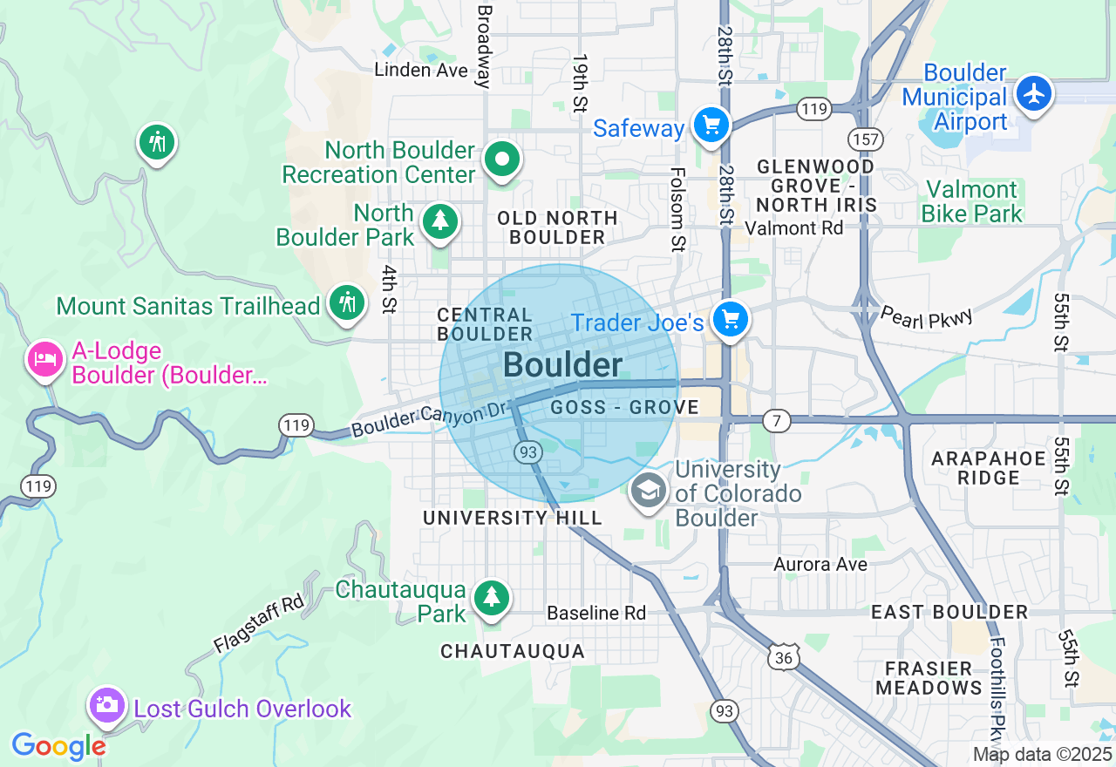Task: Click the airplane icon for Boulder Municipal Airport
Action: pyautogui.click(x=1034, y=92)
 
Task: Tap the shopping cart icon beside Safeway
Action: pyautogui.click(x=711, y=126)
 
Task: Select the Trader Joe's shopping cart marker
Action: pyautogui.click(x=731, y=320)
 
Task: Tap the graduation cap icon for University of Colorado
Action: pyautogui.click(x=649, y=492)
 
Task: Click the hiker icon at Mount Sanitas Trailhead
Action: pyautogui.click(x=347, y=302)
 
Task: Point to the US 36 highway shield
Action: pyautogui.click(x=785, y=658)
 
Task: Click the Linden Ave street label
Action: pyautogui.click(x=421, y=70)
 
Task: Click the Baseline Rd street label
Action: pyautogui.click(x=596, y=614)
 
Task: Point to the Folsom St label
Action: pyautogui.click(x=677, y=209)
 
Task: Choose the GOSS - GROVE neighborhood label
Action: pyautogui.click(x=625, y=408)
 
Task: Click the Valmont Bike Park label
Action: pyautogui.click(x=971, y=201)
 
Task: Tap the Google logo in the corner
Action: pyautogui.click(x=58, y=746)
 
